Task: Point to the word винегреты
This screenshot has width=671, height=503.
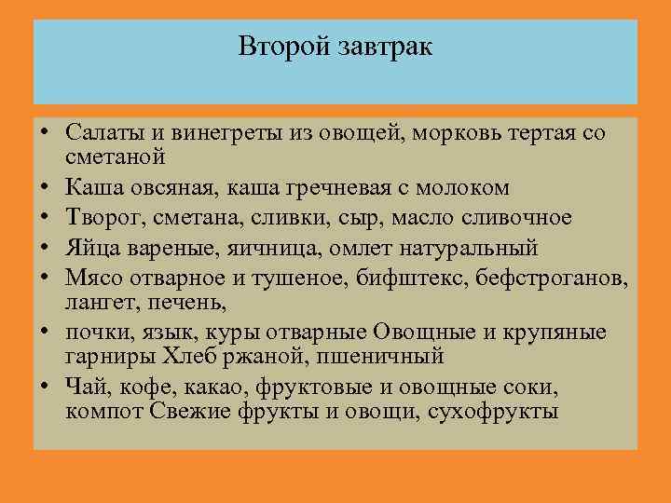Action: (218, 134)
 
